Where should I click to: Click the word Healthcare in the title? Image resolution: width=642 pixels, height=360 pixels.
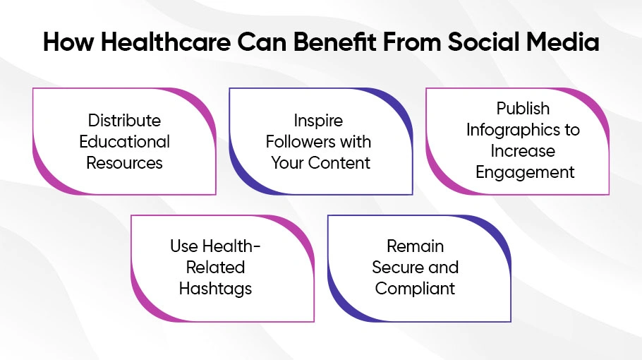(x=166, y=42)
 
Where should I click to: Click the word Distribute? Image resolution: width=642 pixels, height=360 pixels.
(x=124, y=121)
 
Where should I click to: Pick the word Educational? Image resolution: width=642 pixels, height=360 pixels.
(x=124, y=142)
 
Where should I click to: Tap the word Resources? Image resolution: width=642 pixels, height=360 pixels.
(x=124, y=163)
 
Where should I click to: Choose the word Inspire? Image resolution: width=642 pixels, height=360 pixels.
(x=318, y=121)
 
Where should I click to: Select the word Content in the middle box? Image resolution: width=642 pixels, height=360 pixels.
(x=339, y=163)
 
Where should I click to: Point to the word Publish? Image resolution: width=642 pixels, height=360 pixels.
(x=523, y=109)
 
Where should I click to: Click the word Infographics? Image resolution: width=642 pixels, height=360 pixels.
(x=513, y=131)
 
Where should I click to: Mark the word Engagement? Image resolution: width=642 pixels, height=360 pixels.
(x=525, y=173)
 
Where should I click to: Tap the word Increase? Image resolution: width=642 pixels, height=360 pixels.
(x=523, y=151)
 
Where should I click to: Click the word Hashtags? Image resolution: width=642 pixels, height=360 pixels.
(x=215, y=289)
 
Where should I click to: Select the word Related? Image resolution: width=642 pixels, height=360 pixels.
(x=215, y=268)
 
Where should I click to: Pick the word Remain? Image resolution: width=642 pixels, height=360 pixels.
(x=415, y=246)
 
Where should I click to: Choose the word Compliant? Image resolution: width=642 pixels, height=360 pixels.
(x=415, y=289)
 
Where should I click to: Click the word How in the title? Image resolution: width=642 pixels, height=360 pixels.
(x=68, y=42)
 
